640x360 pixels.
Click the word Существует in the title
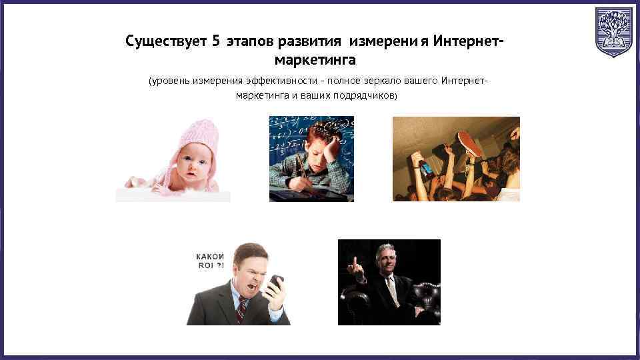click(x=166, y=41)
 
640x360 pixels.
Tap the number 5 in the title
click(x=215, y=41)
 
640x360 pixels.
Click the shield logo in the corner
click(x=613, y=32)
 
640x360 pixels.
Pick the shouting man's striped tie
click(x=241, y=311)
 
